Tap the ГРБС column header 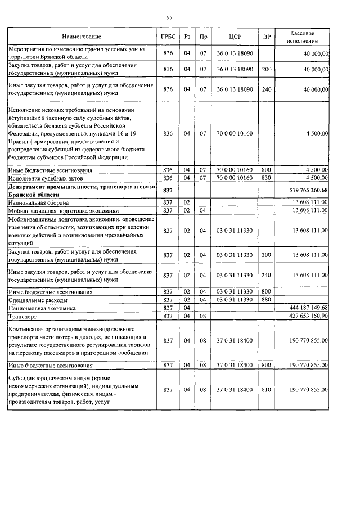tap(167, 37)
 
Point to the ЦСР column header tap(235, 37)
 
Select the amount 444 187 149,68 tap(306, 308)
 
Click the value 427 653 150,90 tap(306, 316)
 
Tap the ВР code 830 tap(267, 178)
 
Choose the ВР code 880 tap(267, 300)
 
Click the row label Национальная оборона tap(39, 202)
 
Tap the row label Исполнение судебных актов tap(44, 178)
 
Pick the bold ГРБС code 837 tap(167, 190)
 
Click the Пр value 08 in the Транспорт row tap(204, 316)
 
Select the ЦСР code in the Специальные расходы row tap(235, 300)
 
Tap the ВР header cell tap(267, 37)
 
